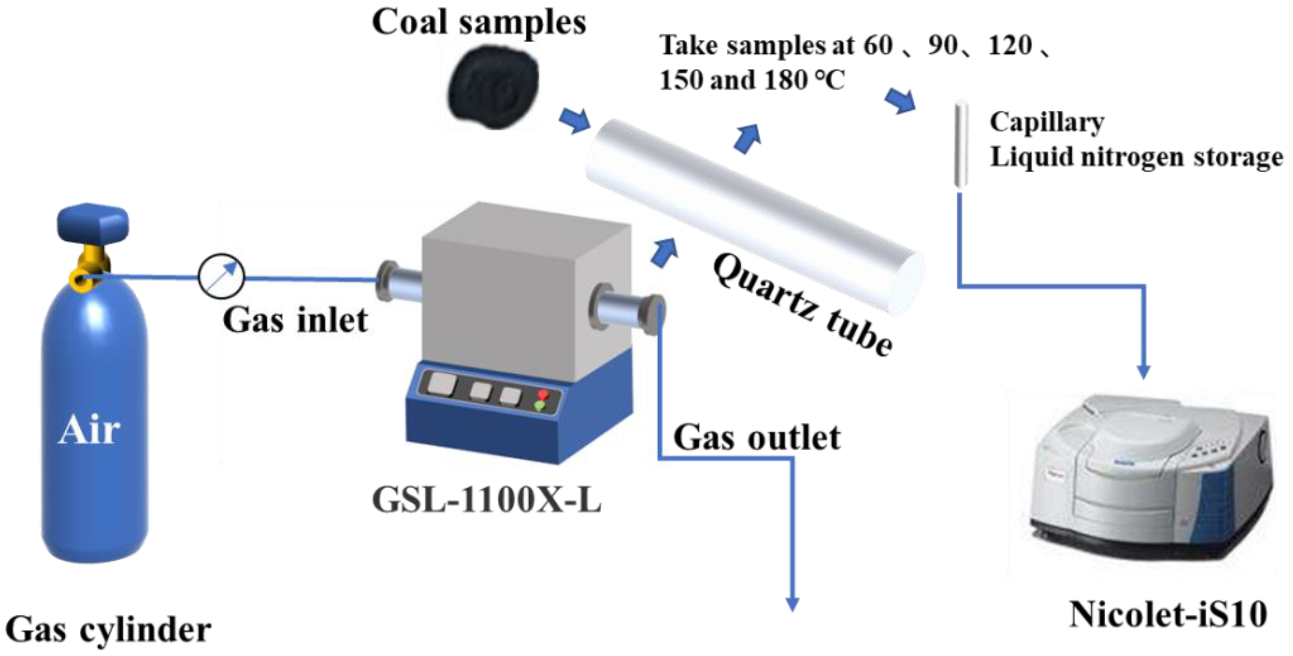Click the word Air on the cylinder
(x=89, y=430)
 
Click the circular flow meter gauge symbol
(x=221, y=277)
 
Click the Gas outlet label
(x=757, y=438)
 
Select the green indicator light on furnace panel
(x=540, y=405)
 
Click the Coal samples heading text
(x=479, y=23)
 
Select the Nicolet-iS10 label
(x=1168, y=614)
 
